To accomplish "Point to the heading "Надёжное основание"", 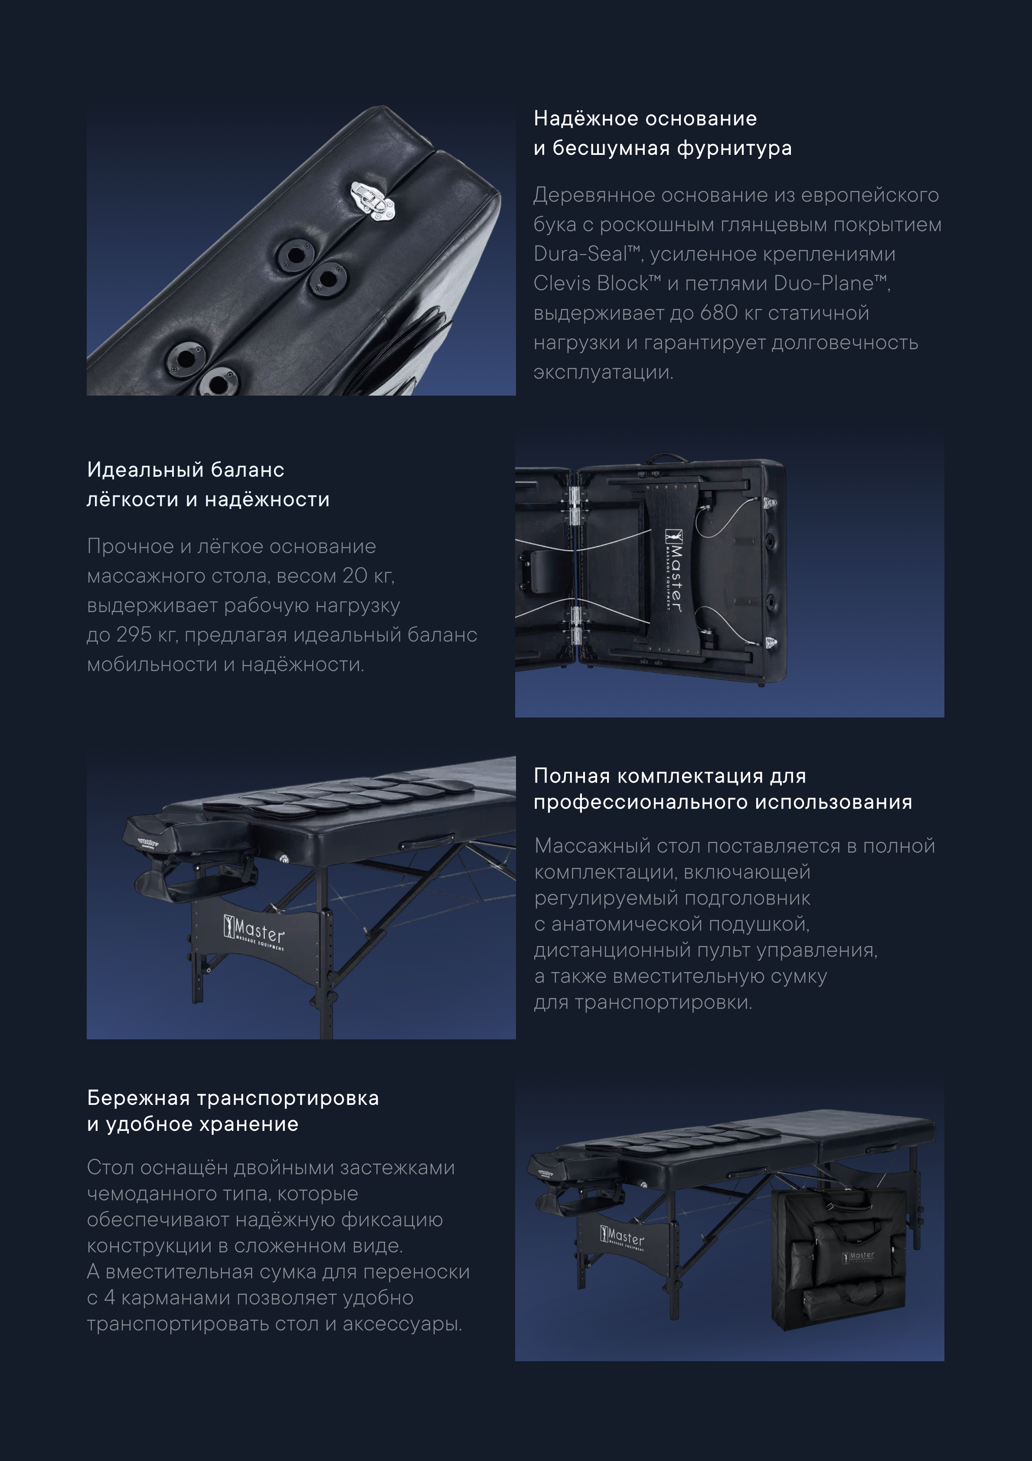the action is coord(645,118).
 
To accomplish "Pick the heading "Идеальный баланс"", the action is coord(186,470).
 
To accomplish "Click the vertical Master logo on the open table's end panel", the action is coord(673,570).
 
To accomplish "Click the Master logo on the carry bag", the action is coord(859,1257).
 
